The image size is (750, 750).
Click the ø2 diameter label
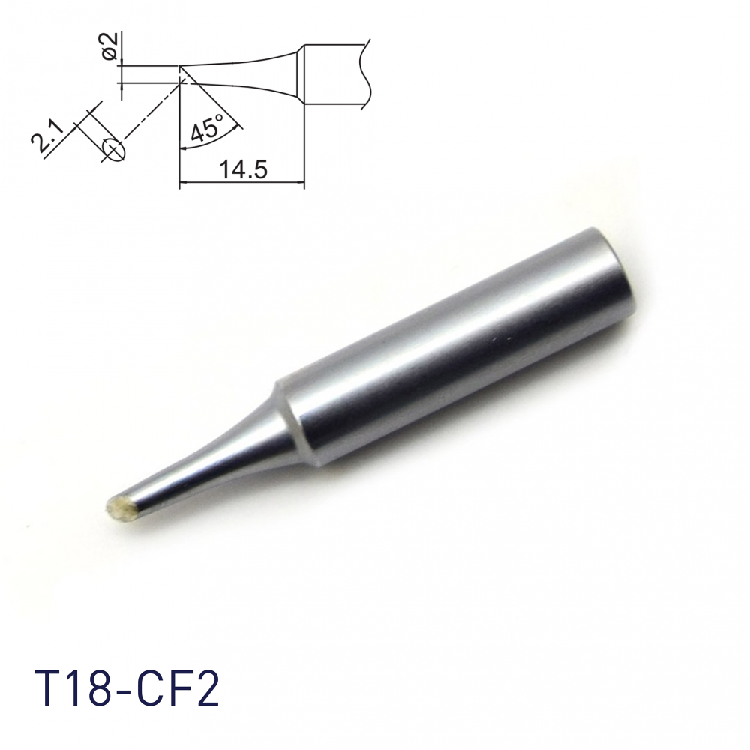tap(110, 46)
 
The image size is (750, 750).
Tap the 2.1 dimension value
tap(46, 135)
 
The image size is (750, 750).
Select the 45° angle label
tap(207, 126)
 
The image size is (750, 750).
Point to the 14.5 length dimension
tap(242, 169)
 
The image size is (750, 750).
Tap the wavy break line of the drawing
tap(365, 73)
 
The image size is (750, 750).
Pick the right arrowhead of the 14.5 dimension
tap(300, 182)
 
